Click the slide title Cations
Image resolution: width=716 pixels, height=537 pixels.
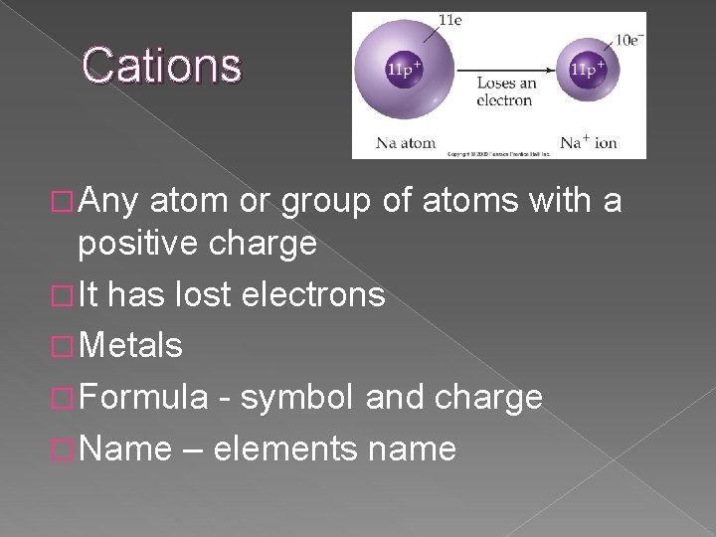coord(161,66)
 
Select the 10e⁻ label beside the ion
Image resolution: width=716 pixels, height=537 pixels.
coord(628,40)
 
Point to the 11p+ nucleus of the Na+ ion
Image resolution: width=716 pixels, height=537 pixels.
coord(586,71)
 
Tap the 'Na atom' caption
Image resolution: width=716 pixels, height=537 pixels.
coord(406,143)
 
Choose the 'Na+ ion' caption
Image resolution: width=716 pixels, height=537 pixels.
coord(588,143)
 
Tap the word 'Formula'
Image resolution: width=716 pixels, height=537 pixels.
coord(143,398)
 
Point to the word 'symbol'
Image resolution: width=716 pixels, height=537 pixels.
coord(297,398)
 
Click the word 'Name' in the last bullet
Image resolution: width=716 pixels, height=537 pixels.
coord(124,449)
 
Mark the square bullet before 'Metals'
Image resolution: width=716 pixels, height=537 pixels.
coord(65,347)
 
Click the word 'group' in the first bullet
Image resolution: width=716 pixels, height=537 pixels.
coord(328,202)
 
